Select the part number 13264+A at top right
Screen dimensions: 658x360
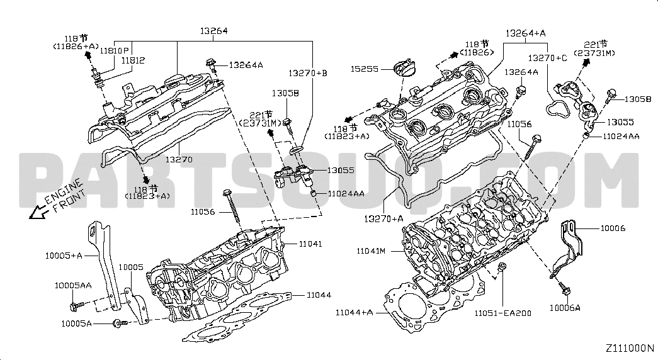(525, 33)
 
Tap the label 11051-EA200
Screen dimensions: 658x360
(502, 313)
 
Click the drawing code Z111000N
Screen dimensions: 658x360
(629, 348)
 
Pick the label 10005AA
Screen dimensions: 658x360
(73, 285)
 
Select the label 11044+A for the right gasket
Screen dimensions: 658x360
(354, 312)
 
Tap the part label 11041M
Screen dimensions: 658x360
(371, 251)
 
